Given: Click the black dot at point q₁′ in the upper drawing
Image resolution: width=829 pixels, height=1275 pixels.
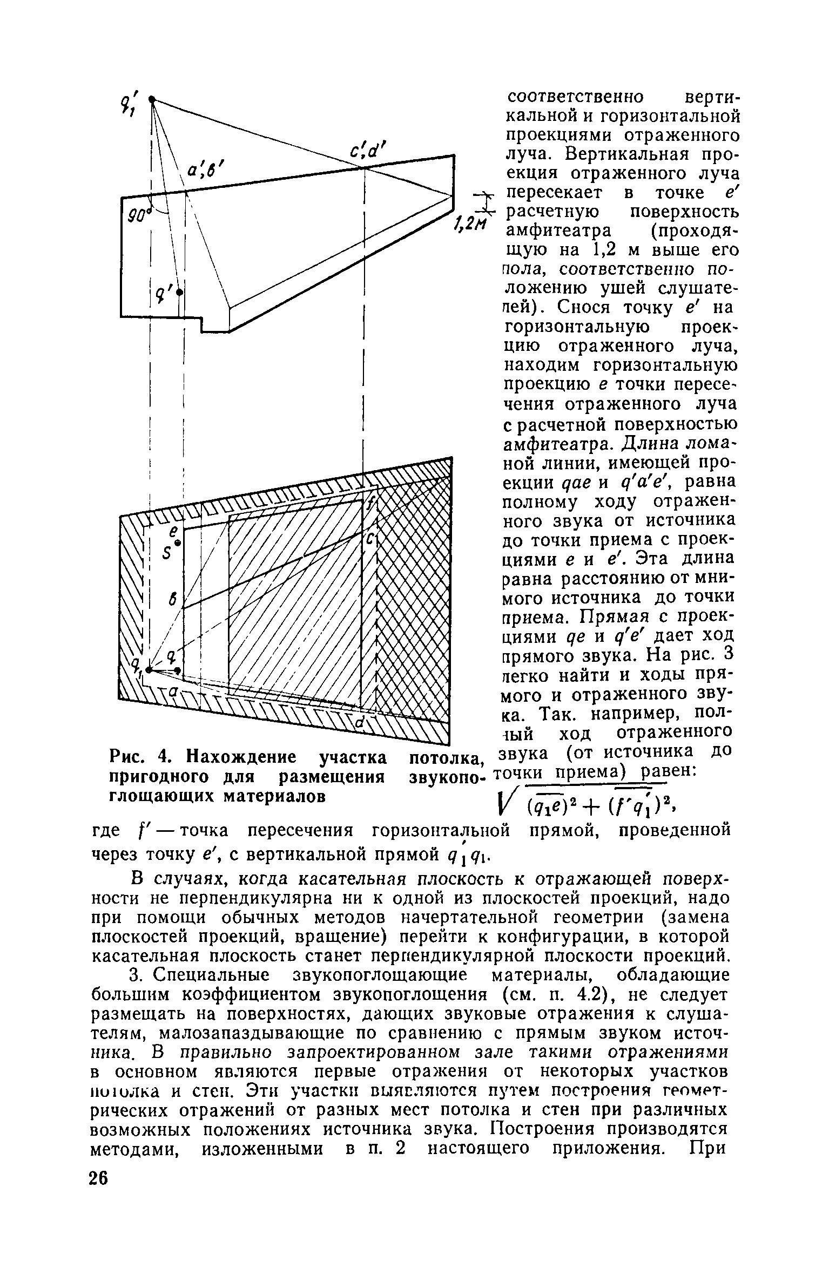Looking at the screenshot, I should click(152, 99).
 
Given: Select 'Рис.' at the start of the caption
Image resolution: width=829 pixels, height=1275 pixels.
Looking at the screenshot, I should click(127, 757).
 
